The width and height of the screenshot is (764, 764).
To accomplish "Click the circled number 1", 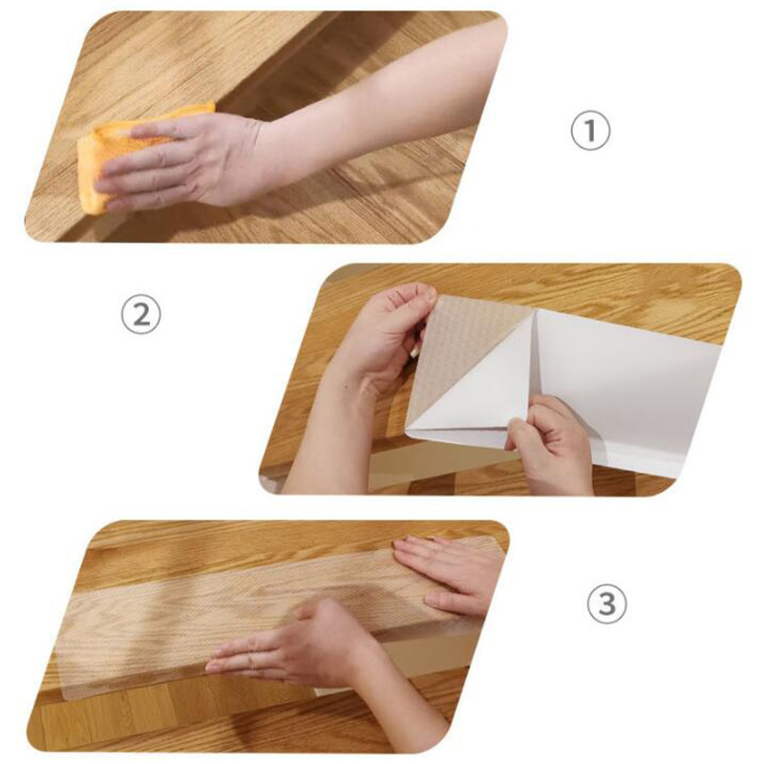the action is pos(590,130).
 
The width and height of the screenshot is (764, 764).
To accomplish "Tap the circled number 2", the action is pos(140,315).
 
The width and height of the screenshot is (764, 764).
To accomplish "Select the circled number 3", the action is pos(606,604).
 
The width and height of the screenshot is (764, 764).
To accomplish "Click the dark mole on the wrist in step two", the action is pos(346,388).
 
